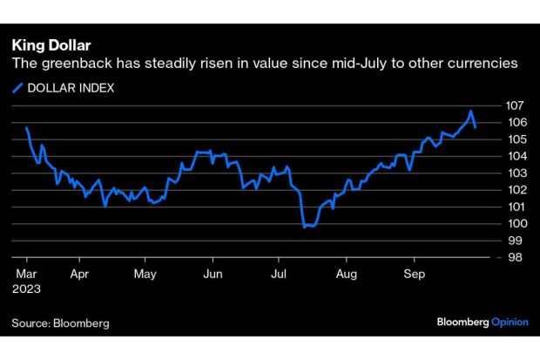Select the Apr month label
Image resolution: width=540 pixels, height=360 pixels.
tap(79, 272)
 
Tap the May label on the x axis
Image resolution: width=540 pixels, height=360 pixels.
tap(145, 272)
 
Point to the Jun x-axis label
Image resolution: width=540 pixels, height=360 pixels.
tap(212, 272)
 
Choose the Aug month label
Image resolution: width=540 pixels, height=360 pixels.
tap(346, 272)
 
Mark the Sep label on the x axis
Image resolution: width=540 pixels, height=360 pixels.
tap(413, 272)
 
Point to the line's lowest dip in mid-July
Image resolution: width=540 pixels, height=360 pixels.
tap(305, 227)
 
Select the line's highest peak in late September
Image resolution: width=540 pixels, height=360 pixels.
tap(470, 112)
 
